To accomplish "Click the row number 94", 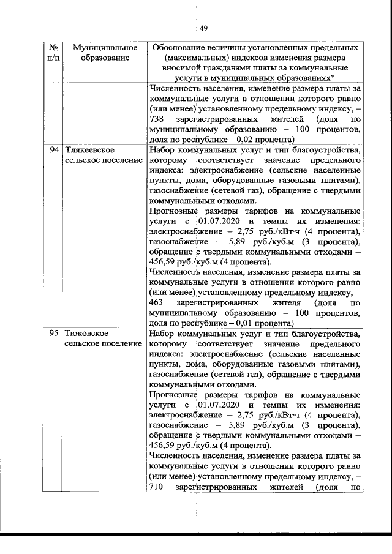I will click(x=54, y=149).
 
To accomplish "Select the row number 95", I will click(x=54, y=334).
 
